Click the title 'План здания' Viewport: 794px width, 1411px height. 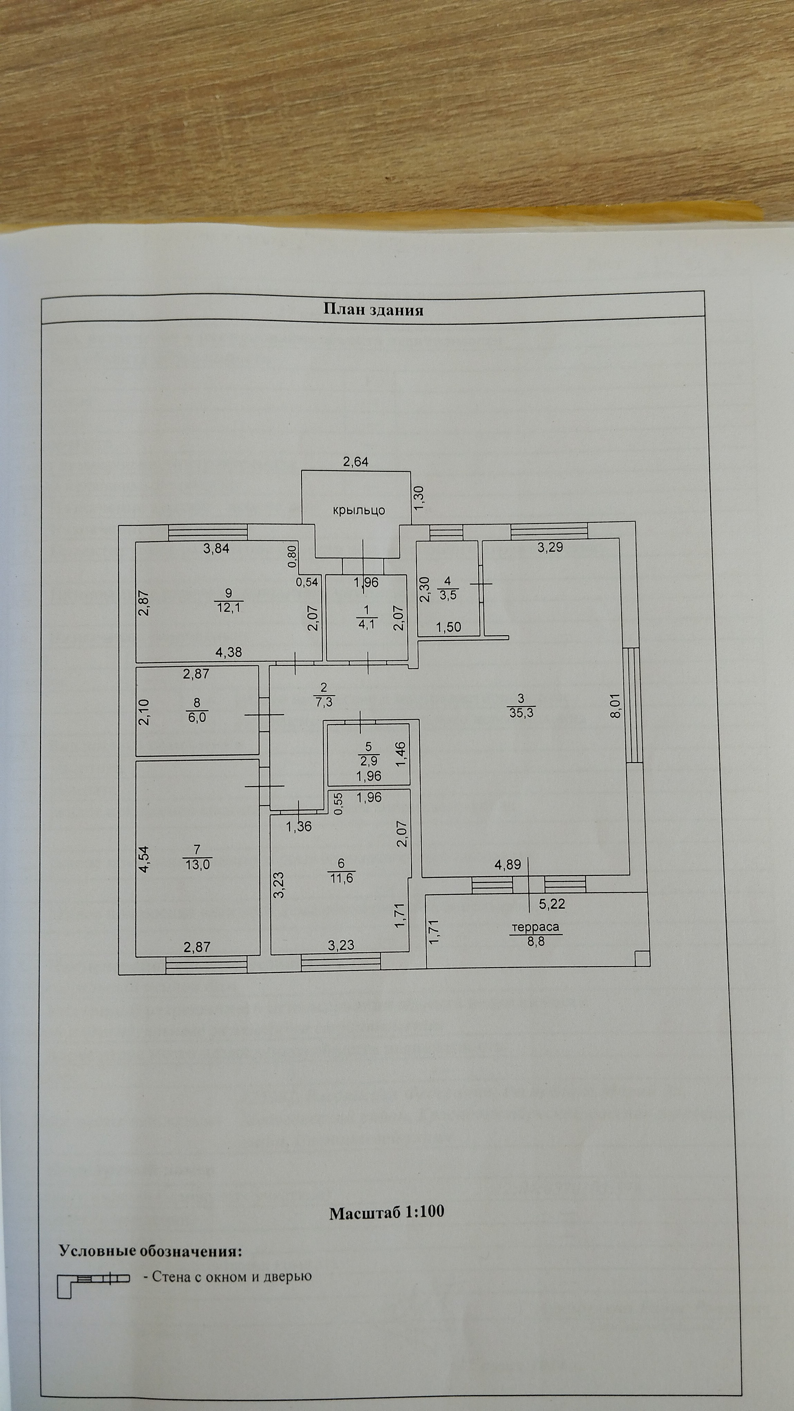[x=373, y=310]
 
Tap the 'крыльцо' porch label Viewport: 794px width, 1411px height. [x=359, y=510]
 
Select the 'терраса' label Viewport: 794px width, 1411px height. [x=535, y=927]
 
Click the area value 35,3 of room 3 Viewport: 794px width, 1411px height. [x=521, y=713]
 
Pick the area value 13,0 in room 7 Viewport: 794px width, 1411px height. [x=197, y=865]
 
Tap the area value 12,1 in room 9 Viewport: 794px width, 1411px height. [x=229, y=607]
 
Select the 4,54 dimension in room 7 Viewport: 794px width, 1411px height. [x=144, y=859]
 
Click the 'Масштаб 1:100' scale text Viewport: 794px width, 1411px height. [x=387, y=1212]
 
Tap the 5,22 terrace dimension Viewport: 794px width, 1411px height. [x=551, y=904]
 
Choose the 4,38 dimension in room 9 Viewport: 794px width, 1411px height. [x=229, y=652]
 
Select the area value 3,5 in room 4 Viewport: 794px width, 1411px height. [x=448, y=595]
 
